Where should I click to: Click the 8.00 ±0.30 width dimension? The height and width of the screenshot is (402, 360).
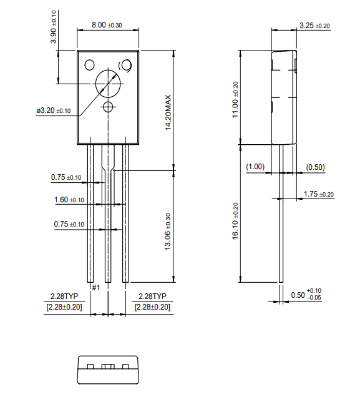click(107, 25)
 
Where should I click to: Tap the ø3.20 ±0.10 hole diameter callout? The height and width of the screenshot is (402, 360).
click(54, 110)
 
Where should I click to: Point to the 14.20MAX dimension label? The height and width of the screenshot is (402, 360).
click(167, 112)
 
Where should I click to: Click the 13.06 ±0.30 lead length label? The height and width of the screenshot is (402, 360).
click(167, 232)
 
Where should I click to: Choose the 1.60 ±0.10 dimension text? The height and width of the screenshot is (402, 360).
click(69, 200)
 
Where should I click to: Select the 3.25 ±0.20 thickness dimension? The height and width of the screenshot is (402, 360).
click(314, 26)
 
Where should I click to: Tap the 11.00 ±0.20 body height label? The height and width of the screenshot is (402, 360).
click(235, 99)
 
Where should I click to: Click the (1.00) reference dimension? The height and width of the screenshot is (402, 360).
click(256, 167)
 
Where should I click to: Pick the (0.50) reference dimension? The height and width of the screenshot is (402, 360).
click(315, 167)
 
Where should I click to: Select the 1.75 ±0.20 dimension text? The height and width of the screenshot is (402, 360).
click(318, 194)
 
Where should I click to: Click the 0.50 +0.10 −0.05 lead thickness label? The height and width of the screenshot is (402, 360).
click(306, 294)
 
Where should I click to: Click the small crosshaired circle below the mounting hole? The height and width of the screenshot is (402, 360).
click(109, 107)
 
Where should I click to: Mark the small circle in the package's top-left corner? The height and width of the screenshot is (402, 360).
click(89, 64)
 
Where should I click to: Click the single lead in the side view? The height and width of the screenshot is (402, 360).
click(281, 212)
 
